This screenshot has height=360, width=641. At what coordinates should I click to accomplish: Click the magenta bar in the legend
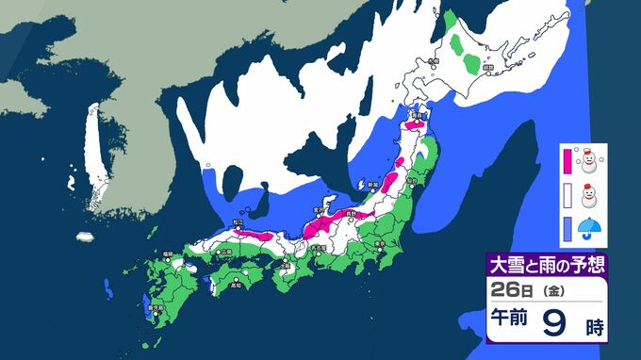(568, 160)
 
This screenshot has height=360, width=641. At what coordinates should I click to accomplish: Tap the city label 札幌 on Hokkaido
(432, 60)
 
